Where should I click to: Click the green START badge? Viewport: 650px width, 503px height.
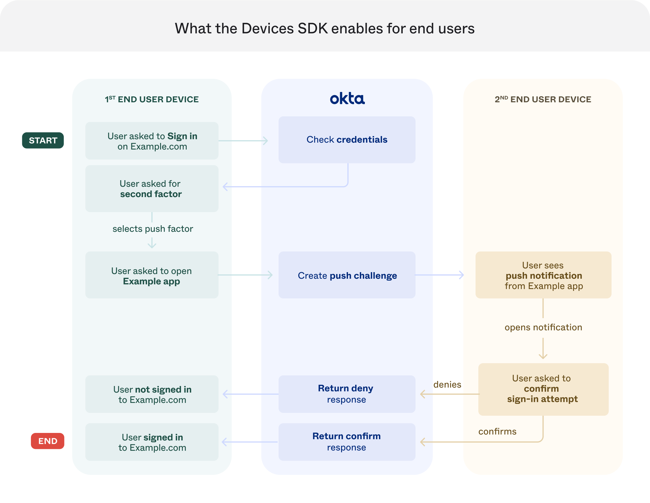[x=43, y=140]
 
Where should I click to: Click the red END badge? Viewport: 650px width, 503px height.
[x=48, y=441]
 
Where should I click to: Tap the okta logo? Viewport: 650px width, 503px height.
[x=347, y=99]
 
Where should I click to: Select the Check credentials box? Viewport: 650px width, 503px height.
[x=347, y=140]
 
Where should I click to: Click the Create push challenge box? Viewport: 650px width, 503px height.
[x=347, y=275]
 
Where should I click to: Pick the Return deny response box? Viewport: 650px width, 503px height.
[x=347, y=394]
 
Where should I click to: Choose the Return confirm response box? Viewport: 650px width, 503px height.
[x=347, y=442]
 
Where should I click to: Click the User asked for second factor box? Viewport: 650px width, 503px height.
[x=152, y=189]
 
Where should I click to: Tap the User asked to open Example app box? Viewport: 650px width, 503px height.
[x=152, y=275]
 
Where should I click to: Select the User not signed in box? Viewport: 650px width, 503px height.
[x=152, y=394]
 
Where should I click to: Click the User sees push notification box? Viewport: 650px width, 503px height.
[x=543, y=275]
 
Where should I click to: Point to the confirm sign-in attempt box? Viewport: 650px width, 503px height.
[x=543, y=389]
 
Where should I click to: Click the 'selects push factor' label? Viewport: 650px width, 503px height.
[x=153, y=229]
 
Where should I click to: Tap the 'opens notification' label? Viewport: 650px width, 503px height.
[x=543, y=327]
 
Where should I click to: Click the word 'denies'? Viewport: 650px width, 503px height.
[x=447, y=384]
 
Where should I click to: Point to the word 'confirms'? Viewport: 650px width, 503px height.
[x=497, y=431]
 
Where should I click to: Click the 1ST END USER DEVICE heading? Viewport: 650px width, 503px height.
[x=152, y=99]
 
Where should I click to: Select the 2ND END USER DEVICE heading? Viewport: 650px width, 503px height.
[x=543, y=99]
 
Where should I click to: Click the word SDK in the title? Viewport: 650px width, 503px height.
[x=312, y=28]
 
